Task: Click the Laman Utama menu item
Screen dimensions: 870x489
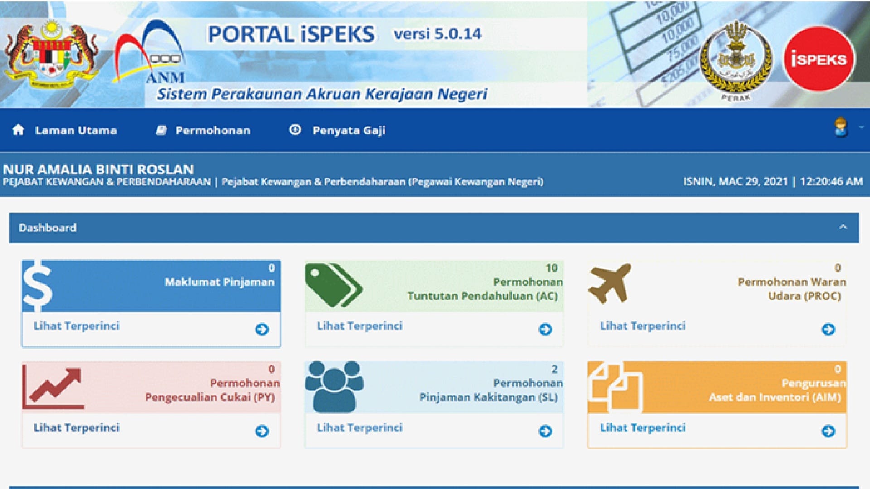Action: (64, 130)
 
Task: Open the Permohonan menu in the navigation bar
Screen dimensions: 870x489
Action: (203, 130)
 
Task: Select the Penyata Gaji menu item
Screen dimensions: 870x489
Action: (337, 130)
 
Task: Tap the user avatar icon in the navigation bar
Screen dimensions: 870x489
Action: (841, 127)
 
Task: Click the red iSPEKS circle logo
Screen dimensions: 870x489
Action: (819, 59)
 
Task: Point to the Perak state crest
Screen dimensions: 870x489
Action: (735, 59)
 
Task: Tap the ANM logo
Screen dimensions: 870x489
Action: (150, 52)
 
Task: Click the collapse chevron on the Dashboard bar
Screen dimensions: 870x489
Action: (843, 227)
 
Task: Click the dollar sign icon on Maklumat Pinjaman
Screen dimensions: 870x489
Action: (37, 286)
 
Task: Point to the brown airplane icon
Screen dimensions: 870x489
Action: (609, 283)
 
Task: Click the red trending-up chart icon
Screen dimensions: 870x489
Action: (53, 386)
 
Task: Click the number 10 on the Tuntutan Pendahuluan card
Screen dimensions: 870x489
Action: (551, 268)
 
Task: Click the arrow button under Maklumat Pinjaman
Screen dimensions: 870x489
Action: (262, 329)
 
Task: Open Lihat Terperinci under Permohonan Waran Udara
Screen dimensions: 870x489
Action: (643, 326)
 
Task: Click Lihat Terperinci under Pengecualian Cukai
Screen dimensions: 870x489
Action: (77, 428)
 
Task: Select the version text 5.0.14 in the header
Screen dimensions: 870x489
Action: (458, 34)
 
